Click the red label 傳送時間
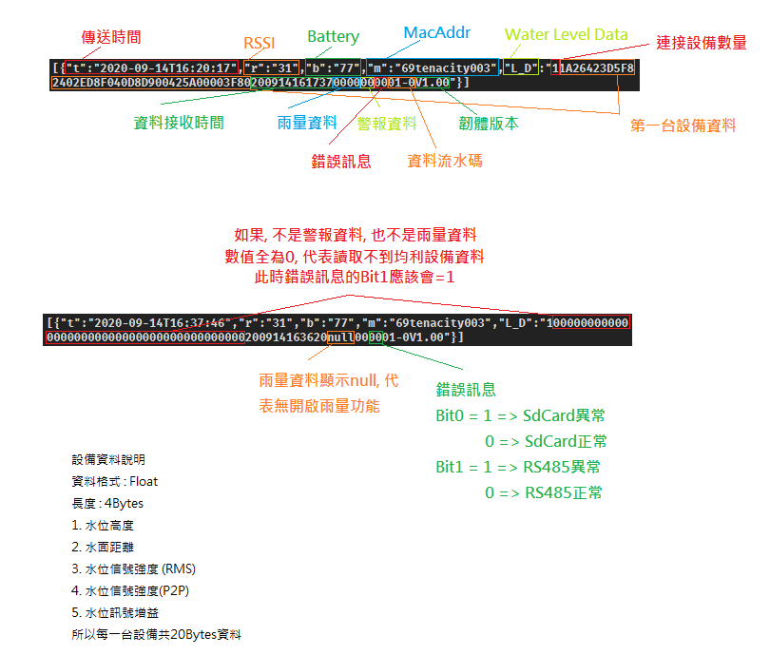[111, 37]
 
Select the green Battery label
[333, 37]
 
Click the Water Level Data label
[567, 34]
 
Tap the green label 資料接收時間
[179, 123]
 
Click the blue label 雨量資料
[307, 123]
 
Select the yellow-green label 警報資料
[387, 123]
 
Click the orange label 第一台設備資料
[683, 125]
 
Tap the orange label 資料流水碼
[444, 161]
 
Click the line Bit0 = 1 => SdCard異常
[521, 415]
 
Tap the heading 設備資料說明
[108, 460]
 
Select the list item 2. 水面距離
[103, 548]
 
